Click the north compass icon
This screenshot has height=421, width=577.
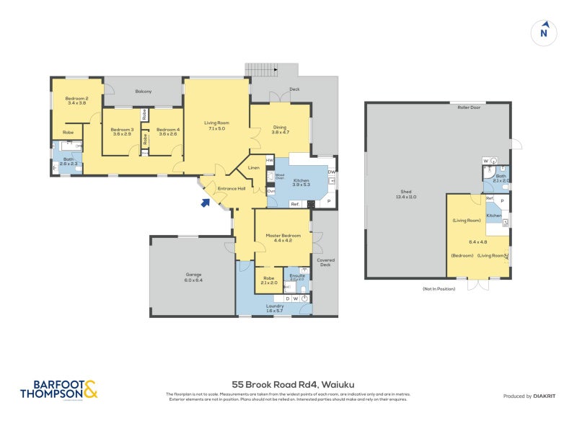click(544, 32)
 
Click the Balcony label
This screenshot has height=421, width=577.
click(143, 92)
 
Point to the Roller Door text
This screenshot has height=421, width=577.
click(470, 106)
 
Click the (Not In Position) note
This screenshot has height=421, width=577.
click(440, 288)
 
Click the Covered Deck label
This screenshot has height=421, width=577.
click(325, 262)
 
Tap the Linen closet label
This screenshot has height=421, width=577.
click(254, 168)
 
